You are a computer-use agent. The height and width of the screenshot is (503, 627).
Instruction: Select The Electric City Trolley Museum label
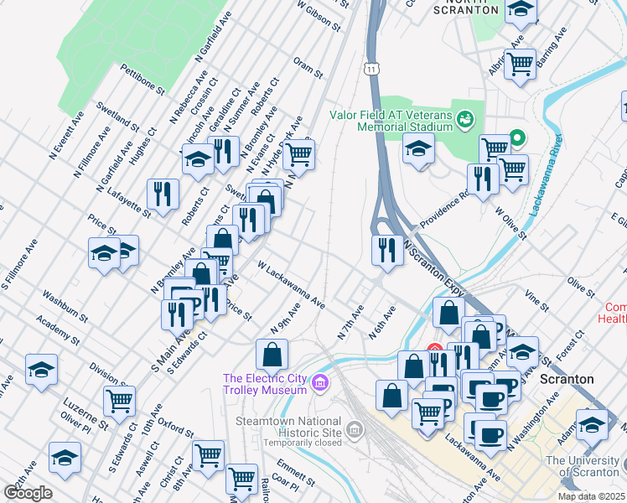click(x=264, y=383)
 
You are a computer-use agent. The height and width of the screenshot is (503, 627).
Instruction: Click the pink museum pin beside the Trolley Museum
click(x=319, y=384)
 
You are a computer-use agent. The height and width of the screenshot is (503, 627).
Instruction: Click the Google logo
click(x=27, y=493)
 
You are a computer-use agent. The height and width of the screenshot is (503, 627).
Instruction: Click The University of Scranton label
click(x=583, y=466)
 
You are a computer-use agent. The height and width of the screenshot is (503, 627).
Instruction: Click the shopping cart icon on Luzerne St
click(x=120, y=402)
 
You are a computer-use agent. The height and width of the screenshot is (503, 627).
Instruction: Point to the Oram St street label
click(x=308, y=67)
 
